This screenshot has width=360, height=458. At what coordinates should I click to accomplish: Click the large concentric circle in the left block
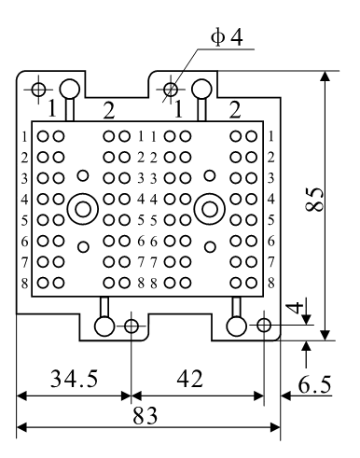(83, 207)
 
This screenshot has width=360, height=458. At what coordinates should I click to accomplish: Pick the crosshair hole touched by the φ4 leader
(171, 90)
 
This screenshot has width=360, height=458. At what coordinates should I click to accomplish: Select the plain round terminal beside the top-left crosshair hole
(70, 90)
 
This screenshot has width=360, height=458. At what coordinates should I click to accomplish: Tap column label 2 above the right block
(235, 112)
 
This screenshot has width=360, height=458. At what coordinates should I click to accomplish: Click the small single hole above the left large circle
(83, 175)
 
